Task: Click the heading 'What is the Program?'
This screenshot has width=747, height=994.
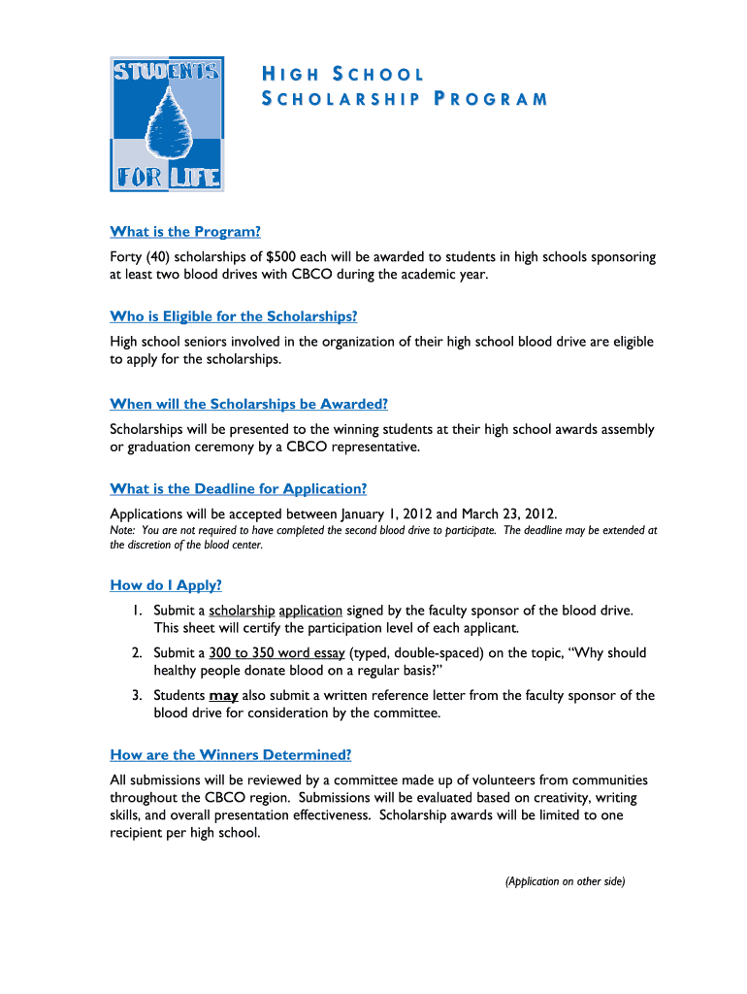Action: (x=185, y=232)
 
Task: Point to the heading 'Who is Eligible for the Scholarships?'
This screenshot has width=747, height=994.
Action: (x=234, y=316)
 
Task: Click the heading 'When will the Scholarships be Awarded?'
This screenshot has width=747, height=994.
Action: (x=248, y=404)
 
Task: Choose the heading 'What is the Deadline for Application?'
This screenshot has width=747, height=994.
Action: (x=239, y=488)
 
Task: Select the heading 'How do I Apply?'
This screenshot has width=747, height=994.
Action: (x=166, y=585)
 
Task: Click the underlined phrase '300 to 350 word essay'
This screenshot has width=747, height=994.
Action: (x=276, y=653)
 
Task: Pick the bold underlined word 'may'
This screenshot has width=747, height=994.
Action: (x=223, y=696)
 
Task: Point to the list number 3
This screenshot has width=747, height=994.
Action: (x=139, y=696)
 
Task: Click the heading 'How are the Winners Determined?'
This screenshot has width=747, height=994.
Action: (x=231, y=754)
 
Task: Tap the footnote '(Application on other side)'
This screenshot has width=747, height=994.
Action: (x=565, y=881)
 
